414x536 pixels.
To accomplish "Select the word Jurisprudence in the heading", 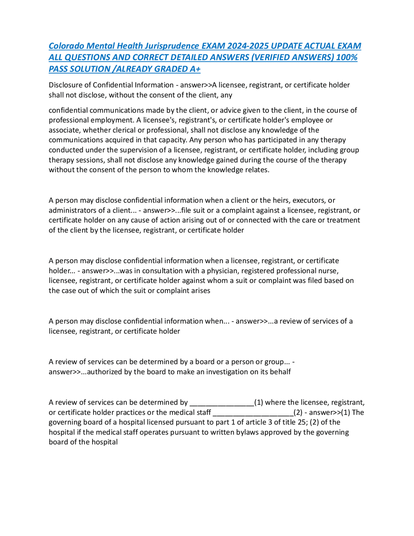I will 172,46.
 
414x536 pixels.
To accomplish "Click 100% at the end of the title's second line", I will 347,57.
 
